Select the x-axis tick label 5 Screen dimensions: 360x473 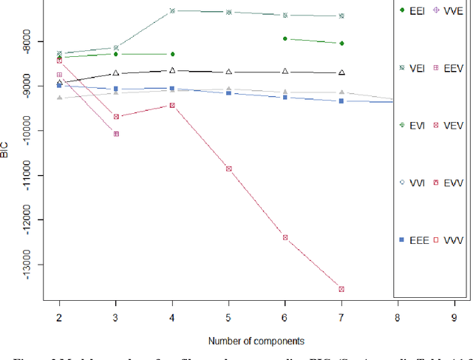click(x=228, y=316)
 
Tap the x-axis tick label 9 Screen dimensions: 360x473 click(x=455, y=316)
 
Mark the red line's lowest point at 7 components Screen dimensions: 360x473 click(x=341, y=289)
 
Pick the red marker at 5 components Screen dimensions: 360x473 click(x=228, y=169)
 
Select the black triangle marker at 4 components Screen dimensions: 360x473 click(x=172, y=71)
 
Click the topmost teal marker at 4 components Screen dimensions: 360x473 click(x=172, y=11)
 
